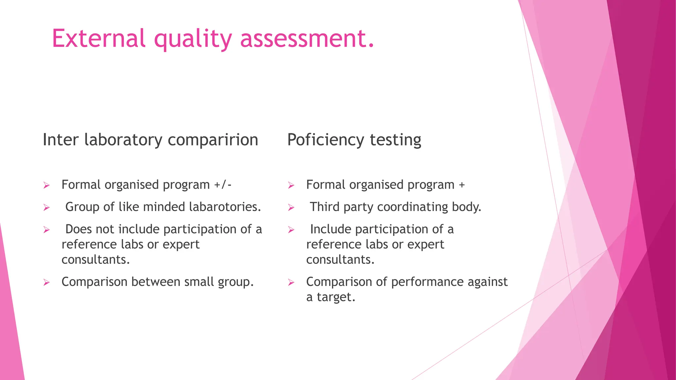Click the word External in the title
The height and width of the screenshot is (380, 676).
(98, 38)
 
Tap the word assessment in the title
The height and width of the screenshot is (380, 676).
(307, 38)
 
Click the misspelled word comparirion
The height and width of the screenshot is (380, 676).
(213, 140)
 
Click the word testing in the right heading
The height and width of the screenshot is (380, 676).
(395, 140)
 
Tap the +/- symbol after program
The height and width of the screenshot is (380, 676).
(223, 185)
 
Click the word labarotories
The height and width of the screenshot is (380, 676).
(225, 207)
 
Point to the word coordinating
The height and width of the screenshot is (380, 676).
(413, 207)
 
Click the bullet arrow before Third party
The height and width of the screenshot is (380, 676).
(291, 207)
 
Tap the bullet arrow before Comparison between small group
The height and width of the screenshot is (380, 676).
(46, 282)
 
